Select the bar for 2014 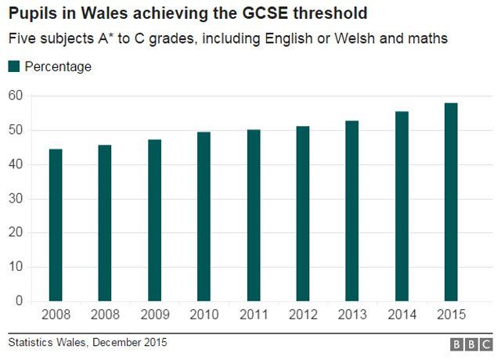tap(402, 207)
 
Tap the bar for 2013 tap(352, 211)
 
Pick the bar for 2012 tap(303, 214)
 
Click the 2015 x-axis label tap(451, 315)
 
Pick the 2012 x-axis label tap(303, 315)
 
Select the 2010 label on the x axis tap(204, 315)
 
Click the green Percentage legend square tap(14, 67)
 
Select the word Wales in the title tap(84, 14)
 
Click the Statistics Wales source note tap(88, 343)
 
